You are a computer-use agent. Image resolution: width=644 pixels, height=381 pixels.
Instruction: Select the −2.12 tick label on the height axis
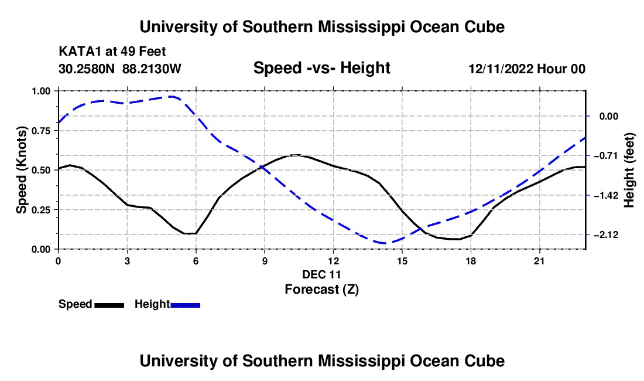606,234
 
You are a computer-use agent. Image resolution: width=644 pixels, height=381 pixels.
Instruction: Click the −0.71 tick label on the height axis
606,155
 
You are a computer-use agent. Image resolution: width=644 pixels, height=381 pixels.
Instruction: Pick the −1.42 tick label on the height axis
606,195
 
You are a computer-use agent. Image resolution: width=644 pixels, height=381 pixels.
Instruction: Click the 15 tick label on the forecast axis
402,261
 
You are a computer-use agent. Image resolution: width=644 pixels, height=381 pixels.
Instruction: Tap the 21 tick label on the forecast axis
539,261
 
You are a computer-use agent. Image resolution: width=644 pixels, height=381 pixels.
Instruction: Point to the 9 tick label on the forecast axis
265,261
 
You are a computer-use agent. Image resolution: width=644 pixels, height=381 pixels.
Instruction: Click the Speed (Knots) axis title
21,170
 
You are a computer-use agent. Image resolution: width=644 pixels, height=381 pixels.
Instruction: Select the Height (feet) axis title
629,170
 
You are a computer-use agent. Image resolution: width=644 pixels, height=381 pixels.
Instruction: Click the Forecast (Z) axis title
321,290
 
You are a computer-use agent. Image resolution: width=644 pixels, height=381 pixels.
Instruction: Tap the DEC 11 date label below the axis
321,274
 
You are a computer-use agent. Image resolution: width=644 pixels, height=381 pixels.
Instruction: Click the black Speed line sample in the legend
109,305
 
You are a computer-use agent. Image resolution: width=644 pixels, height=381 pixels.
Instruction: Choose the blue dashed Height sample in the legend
185,305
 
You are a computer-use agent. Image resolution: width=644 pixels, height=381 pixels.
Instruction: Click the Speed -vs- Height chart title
321,68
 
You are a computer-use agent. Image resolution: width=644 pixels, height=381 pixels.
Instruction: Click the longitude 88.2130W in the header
152,69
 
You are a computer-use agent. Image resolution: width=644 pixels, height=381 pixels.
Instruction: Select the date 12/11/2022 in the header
501,69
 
